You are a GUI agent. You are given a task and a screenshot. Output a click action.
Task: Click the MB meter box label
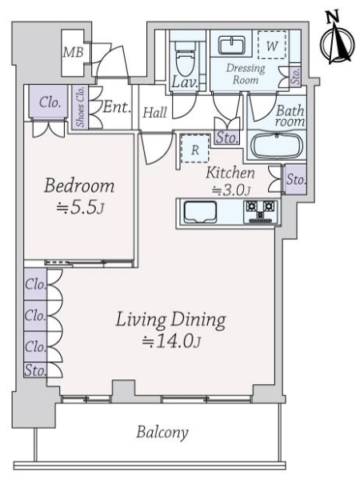(x=73, y=52)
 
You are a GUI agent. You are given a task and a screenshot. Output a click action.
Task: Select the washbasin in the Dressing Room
(x=232, y=45)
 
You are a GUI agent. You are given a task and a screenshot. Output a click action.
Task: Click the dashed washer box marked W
(x=272, y=45)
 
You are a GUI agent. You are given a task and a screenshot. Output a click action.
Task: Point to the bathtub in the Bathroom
(x=277, y=146)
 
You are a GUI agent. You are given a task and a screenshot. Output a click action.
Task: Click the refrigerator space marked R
(x=195, y=149)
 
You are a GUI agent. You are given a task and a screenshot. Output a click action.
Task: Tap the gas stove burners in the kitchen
(x=261, y=211)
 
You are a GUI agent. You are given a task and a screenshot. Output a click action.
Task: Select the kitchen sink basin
(x=200, y=212)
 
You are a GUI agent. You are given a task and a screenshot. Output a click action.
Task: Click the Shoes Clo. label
(x=80, y=106)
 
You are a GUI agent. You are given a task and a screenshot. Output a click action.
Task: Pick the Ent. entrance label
(x=117, y=107)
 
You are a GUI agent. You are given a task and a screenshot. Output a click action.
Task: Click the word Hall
(x=155, y=112)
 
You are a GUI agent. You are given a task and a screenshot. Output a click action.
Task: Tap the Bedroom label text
(x=79, y=186)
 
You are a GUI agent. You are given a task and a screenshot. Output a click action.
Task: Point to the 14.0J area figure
(x=171, y=341)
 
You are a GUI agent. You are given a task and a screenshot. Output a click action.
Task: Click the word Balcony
(x=162, y=432)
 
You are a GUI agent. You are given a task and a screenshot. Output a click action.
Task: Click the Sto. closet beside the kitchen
(x=296, y=179)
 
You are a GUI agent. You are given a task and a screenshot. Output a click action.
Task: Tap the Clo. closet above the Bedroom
(x=49, y=102)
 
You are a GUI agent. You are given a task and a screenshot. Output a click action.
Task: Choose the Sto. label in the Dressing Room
(x=295, y=76)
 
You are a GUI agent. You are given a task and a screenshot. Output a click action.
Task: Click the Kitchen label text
(x=230, y=173)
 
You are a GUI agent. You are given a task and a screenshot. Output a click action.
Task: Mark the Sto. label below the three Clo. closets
(x=35, y=370)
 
